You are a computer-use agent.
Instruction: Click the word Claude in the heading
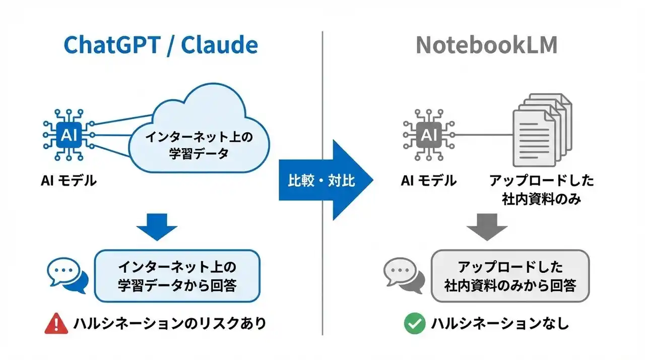click(219, 45)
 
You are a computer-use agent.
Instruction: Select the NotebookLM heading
click(486, 45)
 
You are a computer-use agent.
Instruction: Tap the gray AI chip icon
click(429, 134)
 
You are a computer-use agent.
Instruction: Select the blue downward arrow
click(157, 226)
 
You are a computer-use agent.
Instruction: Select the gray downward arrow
click(486, 226)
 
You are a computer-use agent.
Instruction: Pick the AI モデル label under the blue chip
click(69, 180)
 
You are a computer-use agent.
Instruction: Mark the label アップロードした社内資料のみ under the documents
click(542, 190)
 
